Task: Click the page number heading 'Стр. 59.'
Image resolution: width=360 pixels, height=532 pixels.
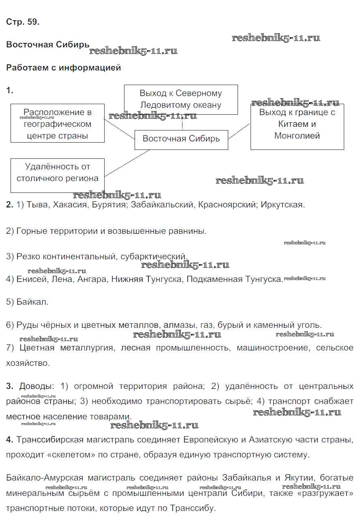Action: (23, 22)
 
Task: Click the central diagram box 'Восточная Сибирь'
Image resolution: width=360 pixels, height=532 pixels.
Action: (181, 139)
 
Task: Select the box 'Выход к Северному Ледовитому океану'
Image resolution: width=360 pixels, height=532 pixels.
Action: (181, 99)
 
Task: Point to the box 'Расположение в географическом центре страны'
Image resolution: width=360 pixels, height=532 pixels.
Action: (57, 123)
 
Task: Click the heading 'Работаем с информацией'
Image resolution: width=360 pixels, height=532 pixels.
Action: (64, 68)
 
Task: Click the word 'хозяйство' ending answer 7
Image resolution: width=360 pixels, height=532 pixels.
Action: (28, 363)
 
